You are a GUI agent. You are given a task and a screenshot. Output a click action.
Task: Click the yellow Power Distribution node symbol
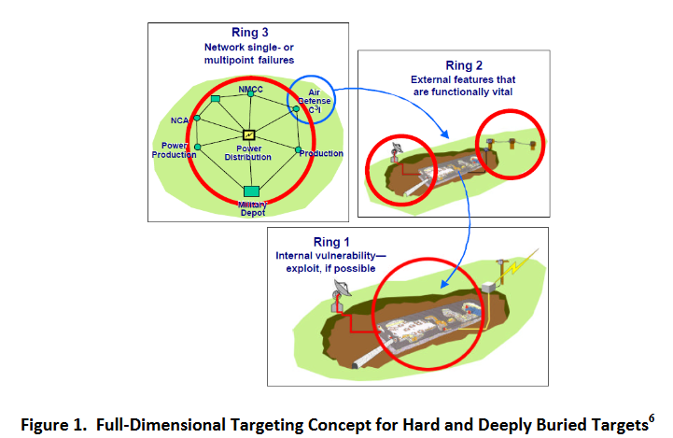(249, 134)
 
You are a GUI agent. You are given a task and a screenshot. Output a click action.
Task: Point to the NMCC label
(250, 89)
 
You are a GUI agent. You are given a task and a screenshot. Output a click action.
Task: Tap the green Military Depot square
(250, 191)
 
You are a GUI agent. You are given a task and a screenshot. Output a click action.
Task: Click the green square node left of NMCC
(216, 98)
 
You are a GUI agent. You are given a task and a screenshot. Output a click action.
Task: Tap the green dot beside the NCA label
(198, 120)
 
